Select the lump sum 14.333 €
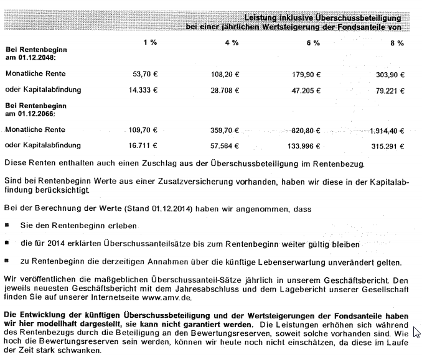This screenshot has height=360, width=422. pyautogui.click(x=143, y=90)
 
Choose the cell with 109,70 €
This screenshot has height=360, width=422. pyautogui.click(x=142, y=131)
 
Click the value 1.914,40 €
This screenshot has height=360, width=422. pyautogui.click(x=385, y=131)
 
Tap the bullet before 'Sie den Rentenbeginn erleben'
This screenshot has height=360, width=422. pyautogui.click(x=7, y=224)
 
